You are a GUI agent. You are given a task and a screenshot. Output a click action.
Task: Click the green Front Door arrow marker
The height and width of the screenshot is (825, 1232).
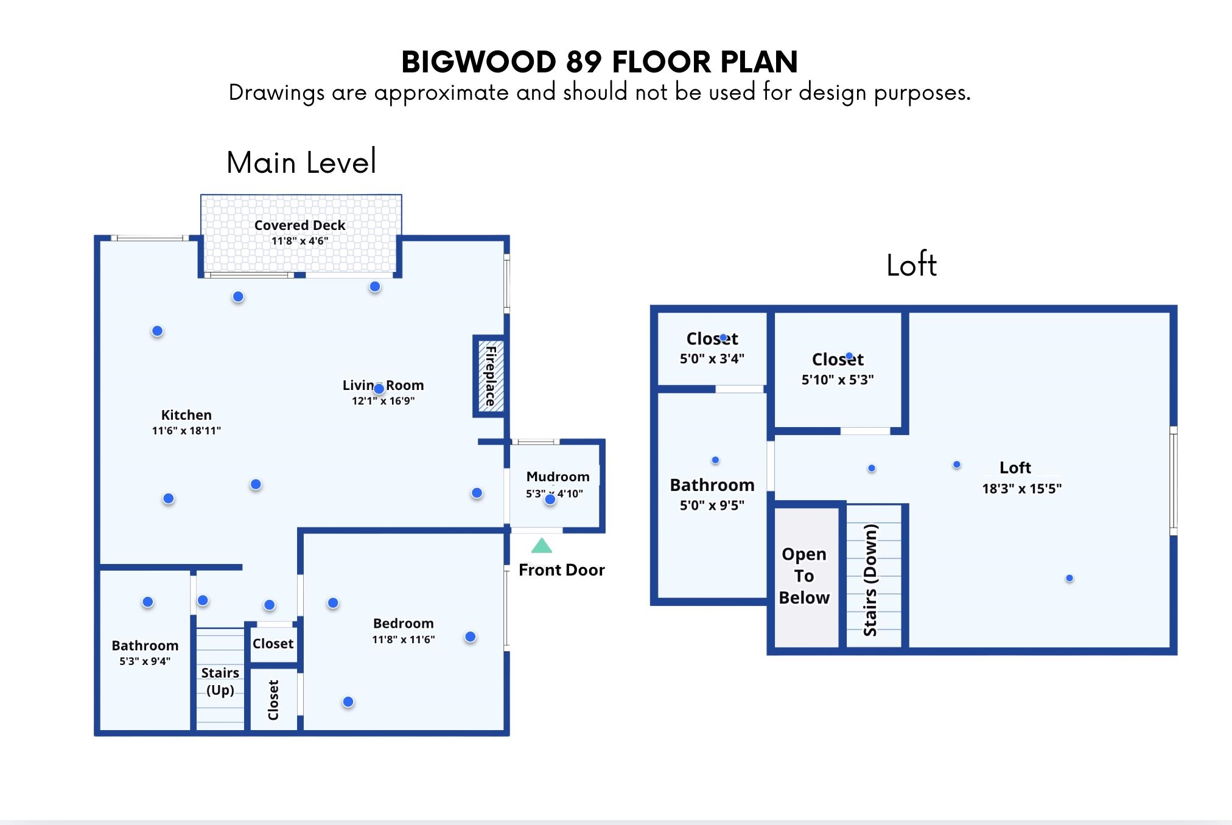coord(541,545)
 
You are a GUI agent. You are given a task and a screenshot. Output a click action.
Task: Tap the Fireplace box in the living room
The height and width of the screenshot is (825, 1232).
coord(489,376)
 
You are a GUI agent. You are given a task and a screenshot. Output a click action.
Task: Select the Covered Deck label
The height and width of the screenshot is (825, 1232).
coord(299,225)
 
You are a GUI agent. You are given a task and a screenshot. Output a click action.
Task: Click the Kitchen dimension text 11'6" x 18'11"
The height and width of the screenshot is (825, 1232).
coord(186,431)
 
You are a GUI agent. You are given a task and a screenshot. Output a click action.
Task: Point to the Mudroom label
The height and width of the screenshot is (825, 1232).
coord(558,476)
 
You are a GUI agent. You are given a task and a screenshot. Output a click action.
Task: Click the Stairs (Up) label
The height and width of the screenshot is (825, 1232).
coord(220,681)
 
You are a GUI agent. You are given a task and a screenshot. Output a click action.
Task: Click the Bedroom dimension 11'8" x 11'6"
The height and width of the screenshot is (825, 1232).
coord(404,639)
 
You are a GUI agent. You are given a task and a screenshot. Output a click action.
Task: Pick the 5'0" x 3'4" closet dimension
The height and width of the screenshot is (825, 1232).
coord(712,359)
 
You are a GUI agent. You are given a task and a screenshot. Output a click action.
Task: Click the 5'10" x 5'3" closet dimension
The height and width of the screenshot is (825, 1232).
coord(838,380)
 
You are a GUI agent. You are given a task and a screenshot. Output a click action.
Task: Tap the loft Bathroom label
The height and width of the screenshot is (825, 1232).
coord(712,485)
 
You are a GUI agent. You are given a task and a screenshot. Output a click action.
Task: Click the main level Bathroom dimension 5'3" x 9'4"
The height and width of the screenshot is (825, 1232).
coord(145,661)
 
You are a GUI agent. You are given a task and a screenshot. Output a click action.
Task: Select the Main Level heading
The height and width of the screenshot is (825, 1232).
coord(301,162)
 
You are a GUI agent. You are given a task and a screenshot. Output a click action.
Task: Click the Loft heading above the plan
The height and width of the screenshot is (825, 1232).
coord(911,265)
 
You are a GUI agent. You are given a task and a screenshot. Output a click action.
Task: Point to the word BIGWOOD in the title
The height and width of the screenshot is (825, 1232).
coord(479,61)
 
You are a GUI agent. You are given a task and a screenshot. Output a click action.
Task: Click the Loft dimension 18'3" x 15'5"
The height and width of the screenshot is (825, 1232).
coord(1021,489)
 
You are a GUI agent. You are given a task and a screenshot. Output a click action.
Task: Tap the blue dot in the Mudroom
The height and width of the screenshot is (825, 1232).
coord(550,500)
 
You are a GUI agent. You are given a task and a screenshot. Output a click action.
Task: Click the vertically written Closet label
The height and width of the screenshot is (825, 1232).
coord(273,700)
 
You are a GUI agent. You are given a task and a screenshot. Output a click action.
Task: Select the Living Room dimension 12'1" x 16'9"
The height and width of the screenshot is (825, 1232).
coord(383,401)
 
